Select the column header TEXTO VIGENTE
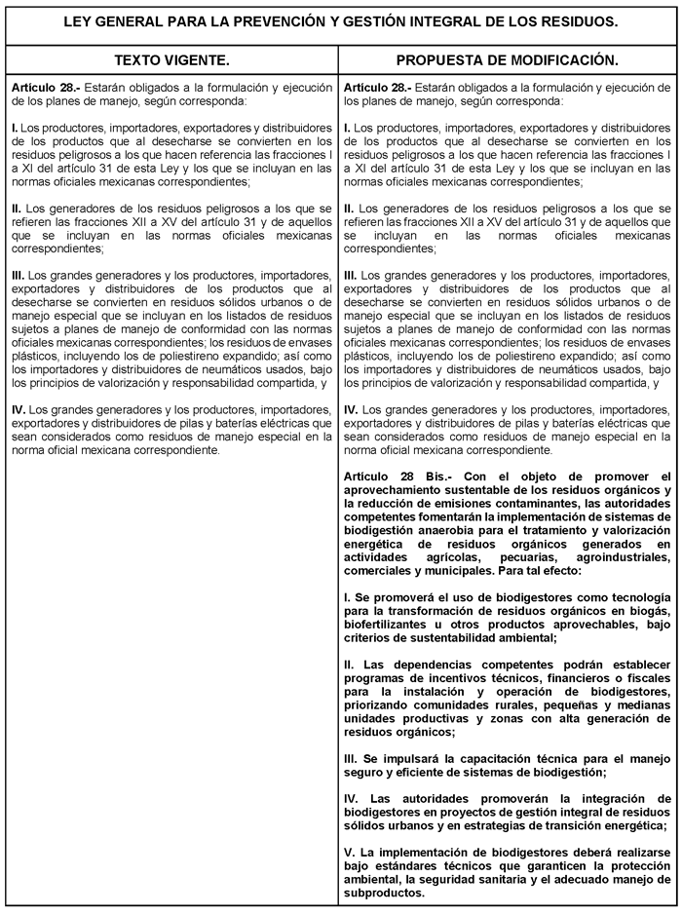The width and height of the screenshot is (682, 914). (x=171, y=60)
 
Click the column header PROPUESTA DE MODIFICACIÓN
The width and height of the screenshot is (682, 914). (x=508, y=60)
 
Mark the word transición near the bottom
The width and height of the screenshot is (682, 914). (x=583, y=825)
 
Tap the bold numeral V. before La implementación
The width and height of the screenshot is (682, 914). (x=350, y=851)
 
